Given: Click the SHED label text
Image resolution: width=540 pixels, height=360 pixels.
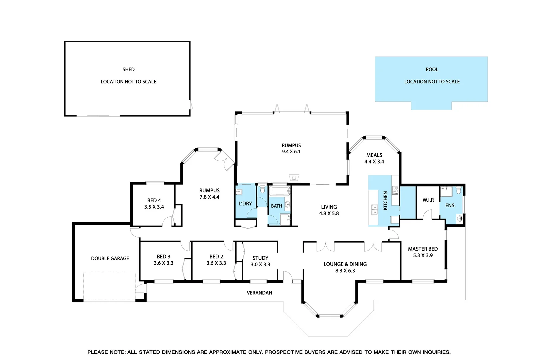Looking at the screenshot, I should [x=128, y=69].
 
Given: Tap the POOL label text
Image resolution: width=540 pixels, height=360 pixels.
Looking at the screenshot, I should [x=432, y=69].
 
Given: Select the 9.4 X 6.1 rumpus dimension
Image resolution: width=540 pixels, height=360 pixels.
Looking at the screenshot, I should [x=291, y=152].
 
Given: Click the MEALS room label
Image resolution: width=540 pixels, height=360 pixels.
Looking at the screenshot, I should [x=374, y=155].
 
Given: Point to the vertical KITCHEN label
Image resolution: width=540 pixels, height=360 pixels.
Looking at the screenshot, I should [x=385, y=200].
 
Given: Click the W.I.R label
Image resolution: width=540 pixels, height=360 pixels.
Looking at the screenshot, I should [x=428, y=200].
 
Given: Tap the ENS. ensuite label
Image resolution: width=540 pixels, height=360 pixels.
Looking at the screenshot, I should [x=450, y=205].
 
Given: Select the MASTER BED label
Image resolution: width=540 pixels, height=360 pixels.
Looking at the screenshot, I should [x=423, y=249].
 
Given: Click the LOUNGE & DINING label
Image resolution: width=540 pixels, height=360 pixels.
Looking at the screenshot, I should [x=345, y=264].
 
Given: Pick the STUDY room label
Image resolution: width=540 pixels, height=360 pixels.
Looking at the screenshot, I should [x=260, y=258].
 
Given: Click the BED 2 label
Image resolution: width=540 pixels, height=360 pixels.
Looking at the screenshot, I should [x=216, y=257].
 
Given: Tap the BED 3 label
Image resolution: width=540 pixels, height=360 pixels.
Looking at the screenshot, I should [x=163, y=257].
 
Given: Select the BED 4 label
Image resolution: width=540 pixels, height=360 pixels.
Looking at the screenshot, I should [x=154, y=200].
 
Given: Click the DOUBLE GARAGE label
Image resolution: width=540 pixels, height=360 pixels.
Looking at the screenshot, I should [x=110, y=258].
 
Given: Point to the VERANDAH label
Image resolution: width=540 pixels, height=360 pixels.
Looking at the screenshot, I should [x=259, y=293].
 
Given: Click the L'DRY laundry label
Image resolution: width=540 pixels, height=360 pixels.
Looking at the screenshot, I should [x=245, y=203].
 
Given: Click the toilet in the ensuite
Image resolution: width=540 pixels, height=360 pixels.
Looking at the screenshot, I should [x=459, y=190].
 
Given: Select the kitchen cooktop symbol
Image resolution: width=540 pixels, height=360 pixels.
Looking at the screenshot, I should [x=395, y=190].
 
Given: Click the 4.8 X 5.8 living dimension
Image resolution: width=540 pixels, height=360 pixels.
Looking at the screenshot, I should [x=329, y=213].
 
